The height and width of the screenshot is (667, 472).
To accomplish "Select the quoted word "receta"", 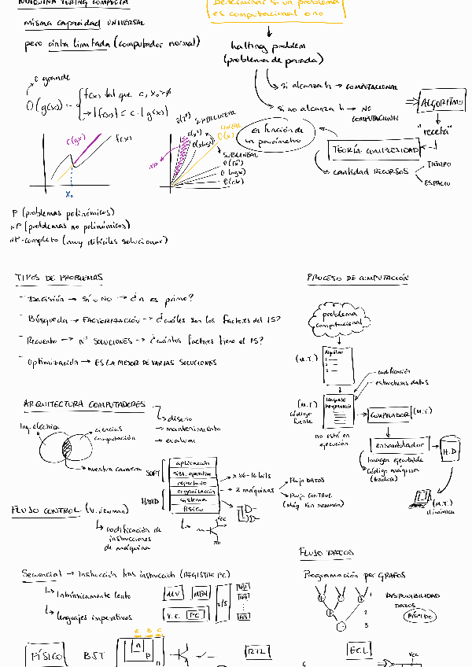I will pos(435,131).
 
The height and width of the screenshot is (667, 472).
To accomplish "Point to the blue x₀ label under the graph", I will pos(69,193).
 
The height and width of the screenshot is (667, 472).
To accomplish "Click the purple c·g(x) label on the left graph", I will pos(77,141).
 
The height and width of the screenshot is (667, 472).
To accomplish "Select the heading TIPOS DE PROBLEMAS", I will pos(58,278).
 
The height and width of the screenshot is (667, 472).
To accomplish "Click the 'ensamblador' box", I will pos(398,443).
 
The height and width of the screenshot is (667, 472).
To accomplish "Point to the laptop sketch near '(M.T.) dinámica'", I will pos(422,496).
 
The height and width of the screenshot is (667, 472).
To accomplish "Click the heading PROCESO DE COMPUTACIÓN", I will pos(357,278).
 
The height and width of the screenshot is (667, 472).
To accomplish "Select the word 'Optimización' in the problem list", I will pos(53,363).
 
